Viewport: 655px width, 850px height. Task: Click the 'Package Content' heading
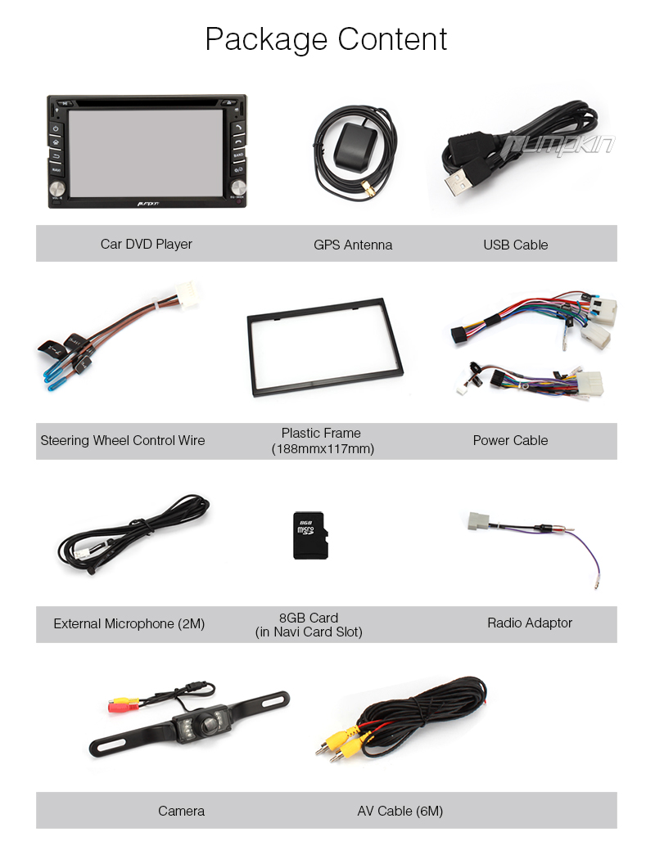[x=326, y=39]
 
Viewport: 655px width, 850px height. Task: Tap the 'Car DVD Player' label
[x=147, y=244]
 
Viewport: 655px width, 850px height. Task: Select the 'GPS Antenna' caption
[x=353, y=245]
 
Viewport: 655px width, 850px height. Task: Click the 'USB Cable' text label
[x=515, y=245]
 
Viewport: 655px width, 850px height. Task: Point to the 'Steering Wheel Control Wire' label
[x=123, y=440]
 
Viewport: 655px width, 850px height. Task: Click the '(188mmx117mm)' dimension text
[x=323, y=449]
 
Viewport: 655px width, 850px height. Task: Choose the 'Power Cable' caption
[x=510, y=440]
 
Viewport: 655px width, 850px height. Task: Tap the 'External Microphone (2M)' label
[x=129, y=623]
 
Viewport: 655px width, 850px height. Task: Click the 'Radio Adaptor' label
[x=530, y=623]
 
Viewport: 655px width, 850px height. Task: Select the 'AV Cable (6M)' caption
[x=400, y=811]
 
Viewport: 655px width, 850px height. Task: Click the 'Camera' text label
[x=181, y=811]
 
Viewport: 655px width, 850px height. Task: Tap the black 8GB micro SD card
[x=309, y=536]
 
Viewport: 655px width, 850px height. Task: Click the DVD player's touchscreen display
[x=146, y=151]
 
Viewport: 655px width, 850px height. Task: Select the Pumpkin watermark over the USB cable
[x=558, y=146]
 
